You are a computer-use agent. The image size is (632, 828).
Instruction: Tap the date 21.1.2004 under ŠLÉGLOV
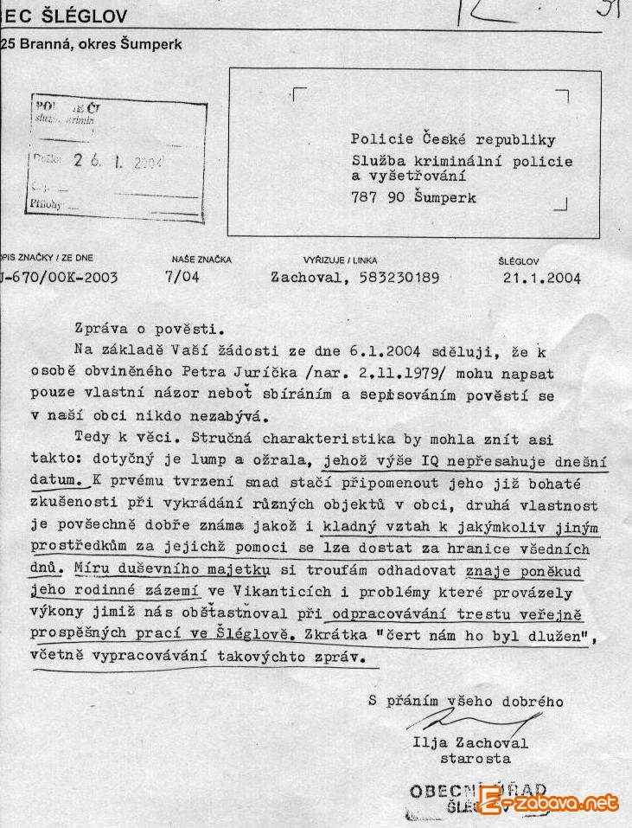tap(541, 279)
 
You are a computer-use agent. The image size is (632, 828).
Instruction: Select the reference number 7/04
tap(182, 279)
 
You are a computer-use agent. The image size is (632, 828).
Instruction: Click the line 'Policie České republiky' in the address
tap(453, 139)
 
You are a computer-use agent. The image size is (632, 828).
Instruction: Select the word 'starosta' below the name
tap(475, 759)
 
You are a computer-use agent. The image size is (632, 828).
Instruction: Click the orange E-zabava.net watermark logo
tap(550, 802)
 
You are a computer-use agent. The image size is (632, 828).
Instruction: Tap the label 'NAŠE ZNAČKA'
tap(201, 259)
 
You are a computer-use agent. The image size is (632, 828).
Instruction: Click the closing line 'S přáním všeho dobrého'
tap(465, 702)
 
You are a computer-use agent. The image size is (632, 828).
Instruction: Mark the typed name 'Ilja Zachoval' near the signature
tap(470, 743)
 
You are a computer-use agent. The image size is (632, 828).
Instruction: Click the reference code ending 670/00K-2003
tap(61, 279)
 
